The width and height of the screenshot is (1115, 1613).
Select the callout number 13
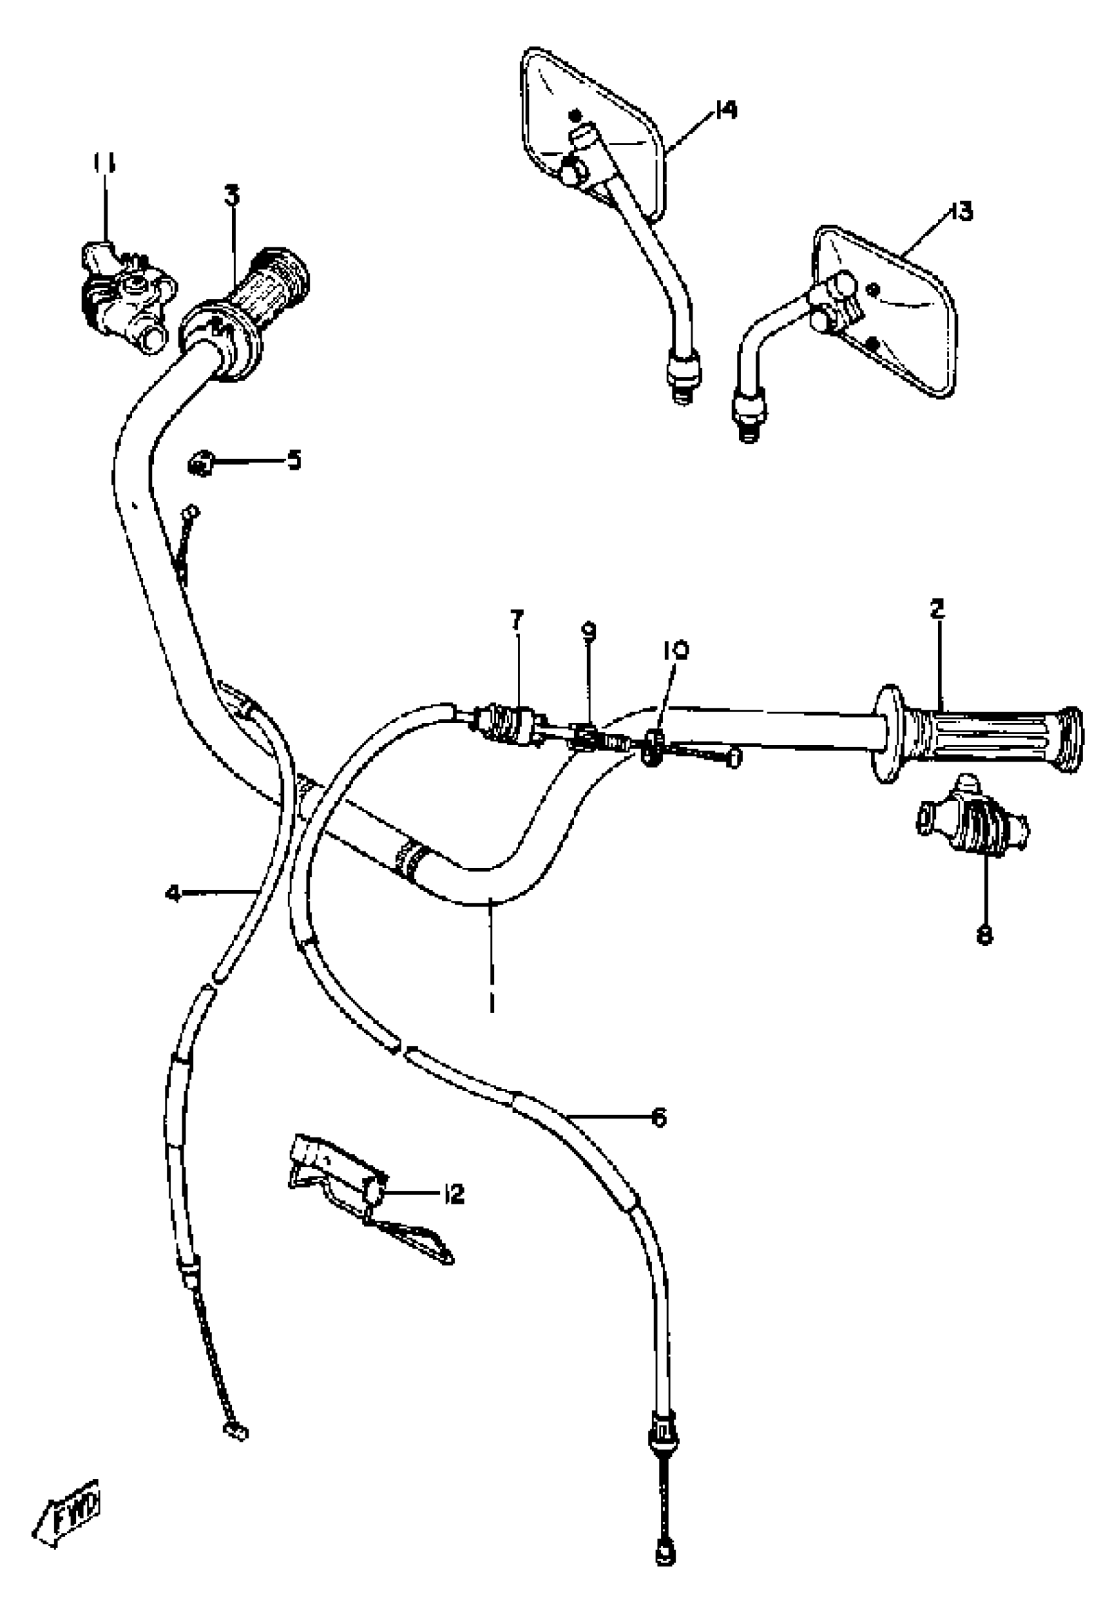coord(962,211)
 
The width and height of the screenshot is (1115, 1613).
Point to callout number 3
coord(232,196)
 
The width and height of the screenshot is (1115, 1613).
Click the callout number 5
coord(294,460)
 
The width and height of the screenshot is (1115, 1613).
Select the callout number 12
coord(453,1194)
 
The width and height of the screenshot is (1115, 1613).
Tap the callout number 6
coord(658,1117)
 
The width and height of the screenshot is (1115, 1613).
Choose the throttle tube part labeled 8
coord(971,825)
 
